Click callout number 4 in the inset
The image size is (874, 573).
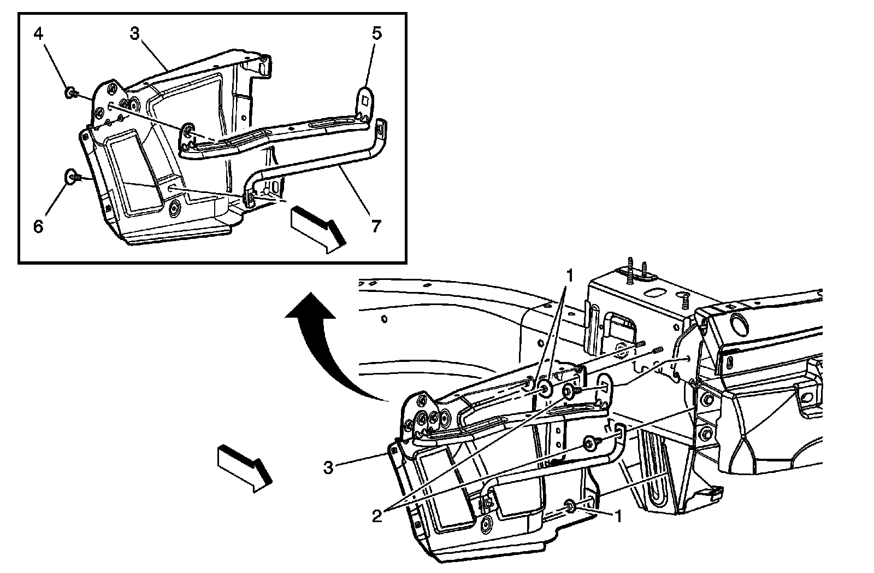[38, 34]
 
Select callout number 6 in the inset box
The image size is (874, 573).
[38, 226]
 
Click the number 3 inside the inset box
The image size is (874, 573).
[135, 34]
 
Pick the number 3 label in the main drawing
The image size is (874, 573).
[328, 468]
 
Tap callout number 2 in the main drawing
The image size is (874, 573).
[377, 516]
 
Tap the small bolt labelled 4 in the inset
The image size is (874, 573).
[70, 93]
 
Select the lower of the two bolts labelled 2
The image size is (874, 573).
[590, 443]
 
